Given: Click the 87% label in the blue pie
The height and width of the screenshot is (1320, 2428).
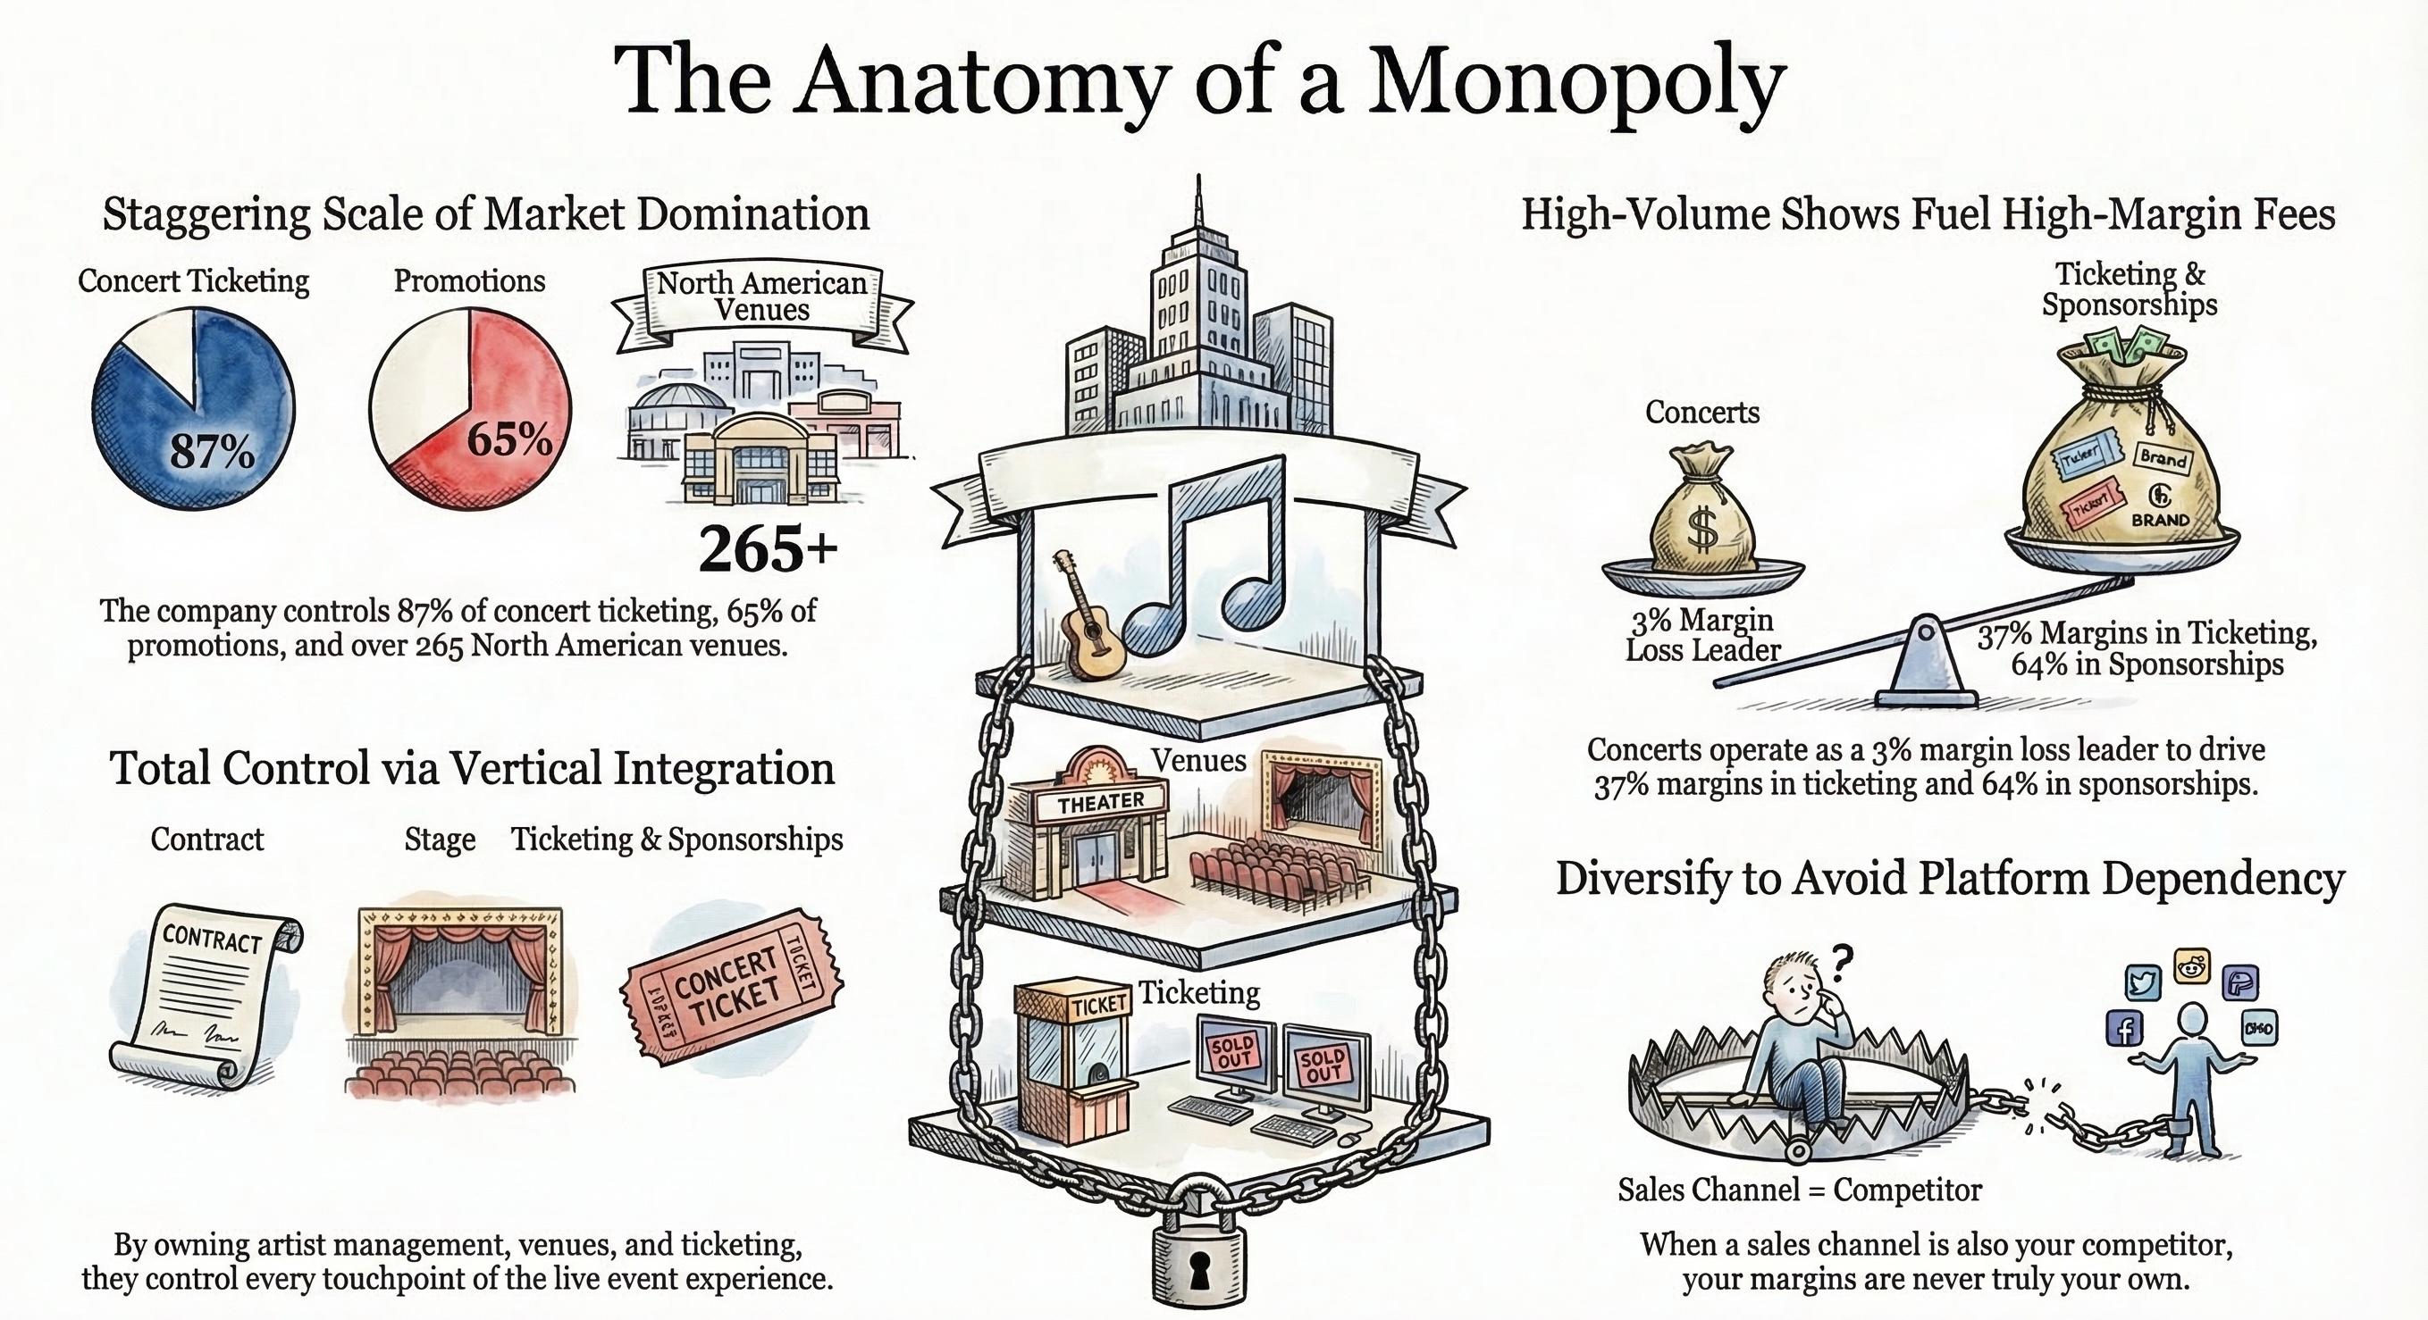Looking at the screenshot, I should tap(211, 452).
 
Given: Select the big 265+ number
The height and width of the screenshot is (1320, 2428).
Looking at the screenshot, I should tap(768, 549).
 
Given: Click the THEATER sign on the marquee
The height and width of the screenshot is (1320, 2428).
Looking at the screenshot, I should tap(1100, 802).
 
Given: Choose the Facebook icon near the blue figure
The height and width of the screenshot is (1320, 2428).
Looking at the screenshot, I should tap(2125, 1030).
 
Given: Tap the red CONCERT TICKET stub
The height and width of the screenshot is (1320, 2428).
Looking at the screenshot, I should tap(730, 989).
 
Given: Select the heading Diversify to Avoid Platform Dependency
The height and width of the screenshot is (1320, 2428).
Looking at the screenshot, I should tap(1949, 878).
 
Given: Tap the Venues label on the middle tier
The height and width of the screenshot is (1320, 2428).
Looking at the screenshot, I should tap(1198, 759).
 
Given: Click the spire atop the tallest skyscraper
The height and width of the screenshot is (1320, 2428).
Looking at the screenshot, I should tap(1198, 203).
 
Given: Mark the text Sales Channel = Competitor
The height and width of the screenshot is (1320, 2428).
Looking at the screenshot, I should tap(1799, 1190).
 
